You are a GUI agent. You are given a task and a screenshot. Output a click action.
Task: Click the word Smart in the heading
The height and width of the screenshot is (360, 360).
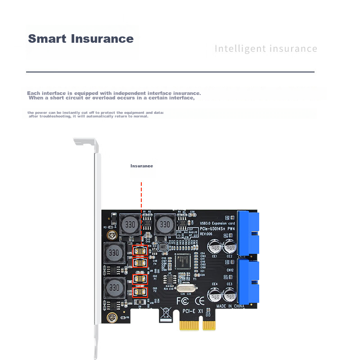pos(47,39)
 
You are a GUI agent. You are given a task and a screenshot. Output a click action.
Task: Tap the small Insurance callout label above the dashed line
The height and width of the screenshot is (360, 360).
pos(142,166)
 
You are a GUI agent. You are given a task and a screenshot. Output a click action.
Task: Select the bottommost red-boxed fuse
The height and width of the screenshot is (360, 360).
pos(140,292)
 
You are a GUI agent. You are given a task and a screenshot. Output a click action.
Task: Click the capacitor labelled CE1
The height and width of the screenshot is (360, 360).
pos(214,247)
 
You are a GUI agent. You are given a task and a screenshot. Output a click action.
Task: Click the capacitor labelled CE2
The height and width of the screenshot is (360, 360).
pos(229,247)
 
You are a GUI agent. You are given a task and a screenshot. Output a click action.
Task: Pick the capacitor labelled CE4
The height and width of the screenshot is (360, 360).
pos(214,295)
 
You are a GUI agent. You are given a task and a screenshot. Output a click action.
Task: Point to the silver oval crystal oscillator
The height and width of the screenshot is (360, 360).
pos(186,288)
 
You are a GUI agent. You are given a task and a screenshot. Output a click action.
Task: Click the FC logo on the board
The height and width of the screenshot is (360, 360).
pos(182,300)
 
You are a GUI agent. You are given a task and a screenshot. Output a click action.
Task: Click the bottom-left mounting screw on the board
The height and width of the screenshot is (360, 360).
pos(109,318)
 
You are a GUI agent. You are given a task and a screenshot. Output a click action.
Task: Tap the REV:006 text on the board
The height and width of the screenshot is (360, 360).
pos(206,234)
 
